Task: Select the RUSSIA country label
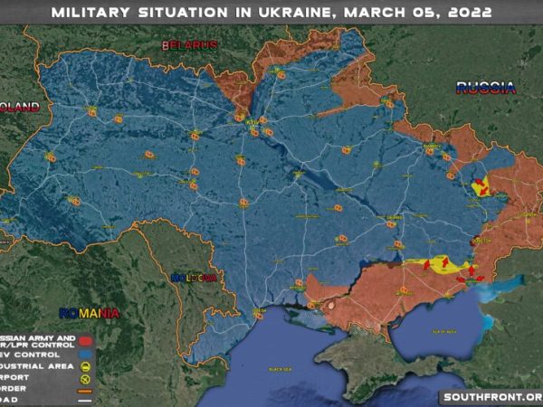click(x=485, y=88)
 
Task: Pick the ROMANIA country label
click(x=90, y=313)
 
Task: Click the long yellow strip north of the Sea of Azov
click(x=438, y=265)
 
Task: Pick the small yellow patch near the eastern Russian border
click(x=482, y=187)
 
